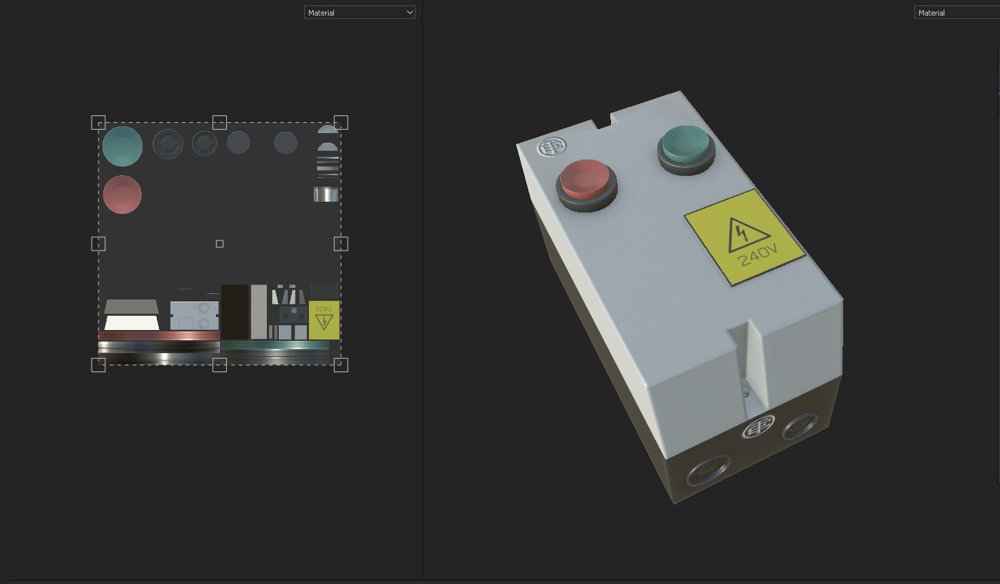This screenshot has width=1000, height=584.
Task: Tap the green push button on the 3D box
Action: [686, 145]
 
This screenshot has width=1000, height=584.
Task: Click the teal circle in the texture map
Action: [123, 146]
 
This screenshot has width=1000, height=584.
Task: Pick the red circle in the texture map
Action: [123, 194]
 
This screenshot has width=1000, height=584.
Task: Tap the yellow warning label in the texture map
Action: [324, 320]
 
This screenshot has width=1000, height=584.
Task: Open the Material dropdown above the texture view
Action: [359, 12]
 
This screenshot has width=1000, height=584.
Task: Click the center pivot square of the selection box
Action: [219, 244]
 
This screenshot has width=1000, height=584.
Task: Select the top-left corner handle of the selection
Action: [98, 123]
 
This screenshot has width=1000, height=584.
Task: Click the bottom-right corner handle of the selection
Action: [341, 365]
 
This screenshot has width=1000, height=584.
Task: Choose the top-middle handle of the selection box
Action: [219, 122]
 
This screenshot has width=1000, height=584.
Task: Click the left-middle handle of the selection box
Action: [98, 244]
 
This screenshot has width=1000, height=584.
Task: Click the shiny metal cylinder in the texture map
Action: [326, 195]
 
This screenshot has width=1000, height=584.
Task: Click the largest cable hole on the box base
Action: [707, 469]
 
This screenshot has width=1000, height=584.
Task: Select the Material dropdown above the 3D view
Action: [957, 12]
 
